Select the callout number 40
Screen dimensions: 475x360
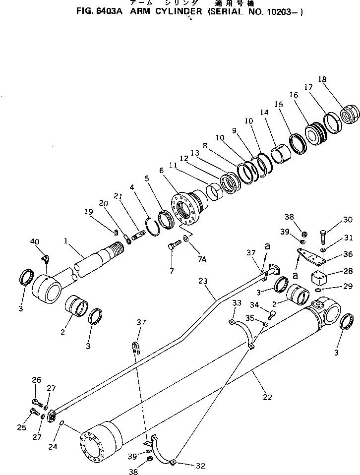tap(34, 241)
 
